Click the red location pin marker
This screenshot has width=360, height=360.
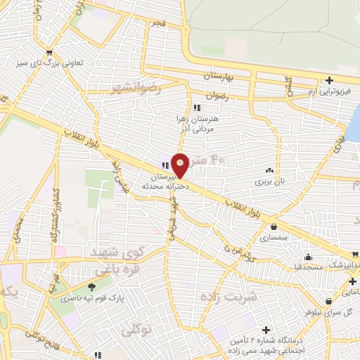pyautogui.click(x=180, y=165)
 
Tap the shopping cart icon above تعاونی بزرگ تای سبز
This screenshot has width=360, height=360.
pyautogui.click(x=49, y=52)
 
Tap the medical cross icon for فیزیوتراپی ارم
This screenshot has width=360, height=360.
pyautogui.click(x=329, y=80)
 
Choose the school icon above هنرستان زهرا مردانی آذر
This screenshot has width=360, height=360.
pyautogui.click(x=197, y=108)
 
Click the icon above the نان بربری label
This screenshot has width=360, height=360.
pyautogui.click(x=269, y=171)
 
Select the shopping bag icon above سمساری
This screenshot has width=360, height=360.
pyautogui.click(x=273, y=227)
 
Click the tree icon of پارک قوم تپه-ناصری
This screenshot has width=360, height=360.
pyautogui.click(x=91, y=287)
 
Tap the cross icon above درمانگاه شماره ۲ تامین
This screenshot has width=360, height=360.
pyautogui.click(x=266, y=330)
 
